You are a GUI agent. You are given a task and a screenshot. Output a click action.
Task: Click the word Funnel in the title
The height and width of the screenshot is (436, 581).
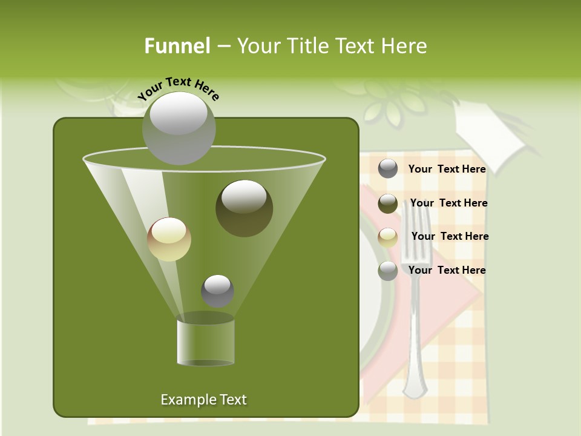pyautogui.click(x=177, y=46)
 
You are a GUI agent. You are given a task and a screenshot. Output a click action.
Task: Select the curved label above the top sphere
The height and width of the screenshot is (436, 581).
pyautogui.click(x=178, y=88)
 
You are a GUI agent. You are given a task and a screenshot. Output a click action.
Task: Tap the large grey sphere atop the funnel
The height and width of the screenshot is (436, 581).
pyautogui.click(x=179, y=128)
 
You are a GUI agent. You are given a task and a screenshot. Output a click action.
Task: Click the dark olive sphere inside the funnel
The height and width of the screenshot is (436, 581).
pyautogui.click(x=245, y=208)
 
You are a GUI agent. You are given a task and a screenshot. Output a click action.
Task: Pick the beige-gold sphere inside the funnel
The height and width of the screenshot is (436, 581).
pyautogui.click(x=169, y=239)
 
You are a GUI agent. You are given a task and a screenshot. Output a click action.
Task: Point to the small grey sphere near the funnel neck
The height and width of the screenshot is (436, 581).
pyautogui.click(x=217, y=291)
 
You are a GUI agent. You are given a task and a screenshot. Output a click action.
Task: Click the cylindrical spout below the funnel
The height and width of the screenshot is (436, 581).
pyautogui.click(x=206, y=342)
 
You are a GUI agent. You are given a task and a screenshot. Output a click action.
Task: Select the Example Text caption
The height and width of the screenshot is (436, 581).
pyautogui.click(x=203, y=400)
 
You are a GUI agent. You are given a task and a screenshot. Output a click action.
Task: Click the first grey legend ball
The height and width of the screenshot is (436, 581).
pyautogui.click(x=388, y=168)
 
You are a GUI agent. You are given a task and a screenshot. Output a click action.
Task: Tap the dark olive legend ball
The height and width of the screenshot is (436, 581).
pyautogui.click(x=388, y=203)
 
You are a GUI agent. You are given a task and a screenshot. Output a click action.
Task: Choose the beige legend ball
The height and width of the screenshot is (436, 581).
pyautogui.click(x=388, y=237)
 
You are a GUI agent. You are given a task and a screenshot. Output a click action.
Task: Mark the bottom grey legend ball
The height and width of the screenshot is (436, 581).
pyautogui.click(x=388, y=271)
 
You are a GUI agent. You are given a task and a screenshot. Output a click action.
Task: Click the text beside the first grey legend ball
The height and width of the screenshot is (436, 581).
pyautogui.click(x=447, y=169)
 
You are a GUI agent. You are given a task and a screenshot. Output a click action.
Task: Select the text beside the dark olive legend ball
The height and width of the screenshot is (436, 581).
pyautogui.click(x=448, y=203)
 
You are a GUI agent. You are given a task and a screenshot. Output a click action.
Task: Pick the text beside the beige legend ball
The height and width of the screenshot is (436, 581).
pyautogui.click(x=450, y=236)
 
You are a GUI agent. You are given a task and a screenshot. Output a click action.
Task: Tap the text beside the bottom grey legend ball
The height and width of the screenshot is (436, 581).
pyautogui.click(x=447, y=270)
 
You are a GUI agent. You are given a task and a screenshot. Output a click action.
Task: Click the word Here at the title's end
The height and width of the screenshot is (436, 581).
pyautogui.click(x=404, y=46)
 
